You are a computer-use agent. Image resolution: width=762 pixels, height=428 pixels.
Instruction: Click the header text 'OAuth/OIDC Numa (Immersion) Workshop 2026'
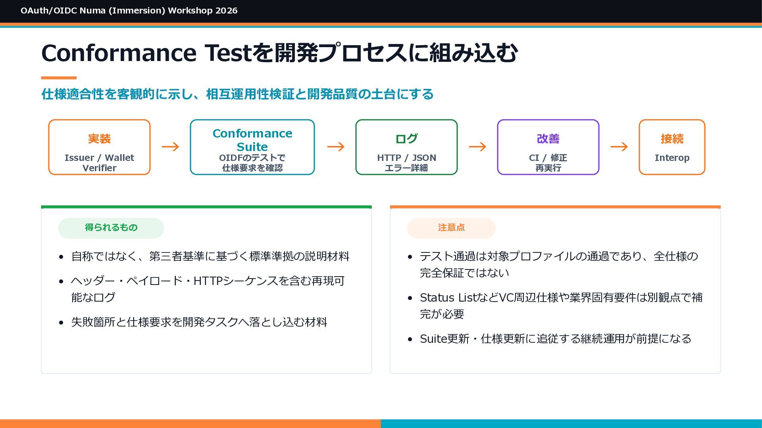[129, 11]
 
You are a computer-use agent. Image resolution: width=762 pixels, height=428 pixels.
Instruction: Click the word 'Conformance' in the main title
[119, 53]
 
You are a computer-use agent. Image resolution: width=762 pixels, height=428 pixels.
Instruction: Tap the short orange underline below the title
[59, 78]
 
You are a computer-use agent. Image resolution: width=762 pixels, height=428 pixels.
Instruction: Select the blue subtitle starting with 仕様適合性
[237, 94]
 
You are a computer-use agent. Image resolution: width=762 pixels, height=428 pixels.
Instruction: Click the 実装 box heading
[99, 139]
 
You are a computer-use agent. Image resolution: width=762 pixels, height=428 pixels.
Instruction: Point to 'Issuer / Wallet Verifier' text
[99, 163]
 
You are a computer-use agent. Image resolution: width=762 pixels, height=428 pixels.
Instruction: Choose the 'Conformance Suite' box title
[252, 140]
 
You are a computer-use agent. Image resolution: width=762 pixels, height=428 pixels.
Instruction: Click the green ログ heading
[406, 139]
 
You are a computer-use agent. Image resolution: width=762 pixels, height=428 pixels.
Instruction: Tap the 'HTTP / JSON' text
[406, 158]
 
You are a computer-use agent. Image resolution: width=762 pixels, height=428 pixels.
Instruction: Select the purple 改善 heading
[548, 139]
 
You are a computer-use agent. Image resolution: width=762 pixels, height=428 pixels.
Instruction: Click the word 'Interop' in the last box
[672, 158]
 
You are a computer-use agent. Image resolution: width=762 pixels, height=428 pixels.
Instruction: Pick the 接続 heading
[672, 139]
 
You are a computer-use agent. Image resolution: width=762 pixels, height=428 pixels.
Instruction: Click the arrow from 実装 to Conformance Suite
[170, 147]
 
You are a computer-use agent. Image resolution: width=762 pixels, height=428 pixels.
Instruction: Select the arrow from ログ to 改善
[477, 147]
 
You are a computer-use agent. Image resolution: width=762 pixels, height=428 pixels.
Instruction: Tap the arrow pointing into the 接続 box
[619, 147]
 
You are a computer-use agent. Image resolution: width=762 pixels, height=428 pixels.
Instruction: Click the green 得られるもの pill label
[111, 227]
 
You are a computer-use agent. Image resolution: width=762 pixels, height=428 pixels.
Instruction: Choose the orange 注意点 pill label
[451, 227]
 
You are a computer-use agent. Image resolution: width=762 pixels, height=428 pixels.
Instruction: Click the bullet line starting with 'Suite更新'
[556, 339]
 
